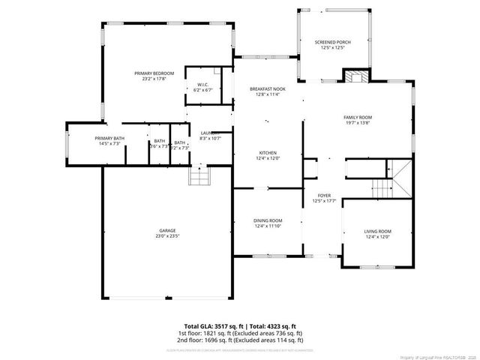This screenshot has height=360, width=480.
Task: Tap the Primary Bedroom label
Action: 154,73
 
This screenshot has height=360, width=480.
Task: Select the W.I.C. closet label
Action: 202,85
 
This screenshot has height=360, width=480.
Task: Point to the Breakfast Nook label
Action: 267,89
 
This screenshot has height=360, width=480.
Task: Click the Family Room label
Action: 358,118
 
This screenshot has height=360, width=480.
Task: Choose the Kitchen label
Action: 268,152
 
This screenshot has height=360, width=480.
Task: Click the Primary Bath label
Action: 109,138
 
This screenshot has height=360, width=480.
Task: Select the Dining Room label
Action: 267,220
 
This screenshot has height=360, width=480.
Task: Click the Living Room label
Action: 378,232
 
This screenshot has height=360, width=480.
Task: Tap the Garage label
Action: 167,230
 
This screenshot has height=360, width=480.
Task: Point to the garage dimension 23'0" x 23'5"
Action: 167,235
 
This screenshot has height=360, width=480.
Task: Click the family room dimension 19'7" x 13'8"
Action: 358,123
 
